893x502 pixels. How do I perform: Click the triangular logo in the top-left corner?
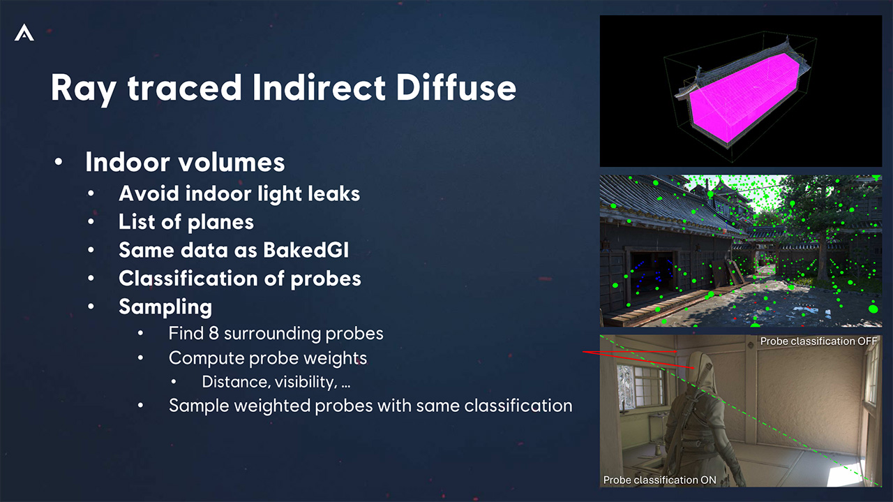24,32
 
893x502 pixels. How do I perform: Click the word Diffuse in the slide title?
456,87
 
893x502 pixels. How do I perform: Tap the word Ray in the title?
84,89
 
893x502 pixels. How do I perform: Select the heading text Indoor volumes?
185,162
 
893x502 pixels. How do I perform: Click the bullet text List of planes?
186,222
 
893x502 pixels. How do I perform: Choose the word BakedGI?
306,250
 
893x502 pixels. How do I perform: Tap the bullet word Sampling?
165,307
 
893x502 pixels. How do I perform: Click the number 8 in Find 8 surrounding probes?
213,334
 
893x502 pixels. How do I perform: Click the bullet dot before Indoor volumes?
59,161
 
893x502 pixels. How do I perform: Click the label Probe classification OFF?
818,341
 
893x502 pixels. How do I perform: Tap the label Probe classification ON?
659,480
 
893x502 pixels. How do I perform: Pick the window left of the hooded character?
640,386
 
